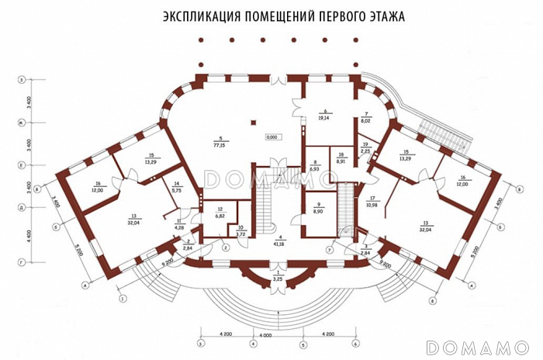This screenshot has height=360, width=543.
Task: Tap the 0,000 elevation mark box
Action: [272, 137]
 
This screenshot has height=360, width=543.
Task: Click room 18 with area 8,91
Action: [340, 162]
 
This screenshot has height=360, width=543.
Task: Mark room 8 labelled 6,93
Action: [314, 168]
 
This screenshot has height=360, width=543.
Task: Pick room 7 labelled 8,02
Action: [366, 120]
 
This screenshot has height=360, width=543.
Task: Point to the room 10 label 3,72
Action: [240, 234]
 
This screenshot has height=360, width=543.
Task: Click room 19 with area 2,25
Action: [365, 151]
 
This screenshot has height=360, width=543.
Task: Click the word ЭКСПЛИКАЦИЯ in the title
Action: [199, 16]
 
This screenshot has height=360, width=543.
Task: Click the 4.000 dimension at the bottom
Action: [266, 335]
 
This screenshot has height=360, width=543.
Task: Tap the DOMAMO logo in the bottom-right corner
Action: [478, 346]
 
